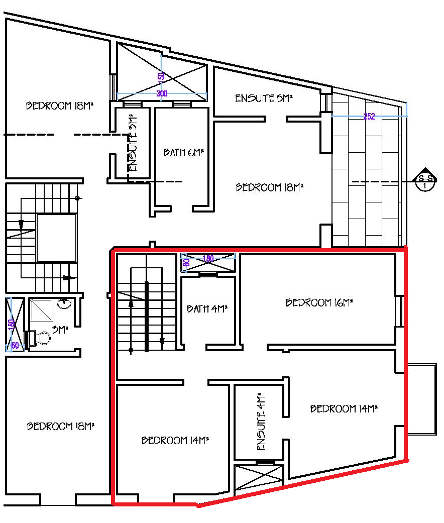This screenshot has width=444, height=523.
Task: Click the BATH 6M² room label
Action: pyautogui.click(x=183, y=152)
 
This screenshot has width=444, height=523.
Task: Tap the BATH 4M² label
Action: pyautogui.click(x=207, y=308)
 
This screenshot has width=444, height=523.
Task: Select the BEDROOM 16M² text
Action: pyautogui.click(x=319, y=302)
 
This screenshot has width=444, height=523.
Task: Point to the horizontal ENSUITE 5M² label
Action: pyautogui.click(x=264, y=98)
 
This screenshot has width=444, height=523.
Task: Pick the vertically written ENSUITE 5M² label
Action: pyautogui.click(x=133, y=142)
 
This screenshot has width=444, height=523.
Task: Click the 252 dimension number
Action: pyautogui.click(x=369, y=116)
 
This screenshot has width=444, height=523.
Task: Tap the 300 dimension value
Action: pyautogui.click(x=162, y=93)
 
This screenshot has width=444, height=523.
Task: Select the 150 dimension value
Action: pyautogui.click(x=161, y=76)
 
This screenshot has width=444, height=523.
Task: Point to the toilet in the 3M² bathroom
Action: pyautogui.click(x=41, y=338)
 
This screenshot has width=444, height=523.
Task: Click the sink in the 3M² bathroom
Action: pyautogui.click(x=64, y=303)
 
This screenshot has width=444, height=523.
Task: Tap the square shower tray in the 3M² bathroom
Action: pyautogui.click(x=42, y=310)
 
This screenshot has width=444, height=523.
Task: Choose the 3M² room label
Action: pyautogui.click(x=60, y=330)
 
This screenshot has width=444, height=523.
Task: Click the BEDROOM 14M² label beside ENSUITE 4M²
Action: pyautogui.click(x=344, y=408)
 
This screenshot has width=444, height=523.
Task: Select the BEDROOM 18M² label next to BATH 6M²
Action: pyautogui.click(x=269, y=187)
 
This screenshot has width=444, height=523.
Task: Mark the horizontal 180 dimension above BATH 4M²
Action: pyautogui.click(x=208, y=259)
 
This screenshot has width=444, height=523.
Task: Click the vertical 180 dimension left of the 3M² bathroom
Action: pyautogui.click(x=11, y=325)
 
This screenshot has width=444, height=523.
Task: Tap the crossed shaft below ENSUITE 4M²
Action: pyautogui.click(x=259, y=478)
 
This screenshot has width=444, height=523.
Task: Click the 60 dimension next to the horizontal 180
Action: pyautogui.click(x=186, y=262)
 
